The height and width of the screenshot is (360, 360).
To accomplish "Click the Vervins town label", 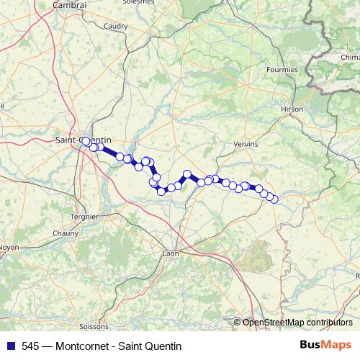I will [x=246, y=144].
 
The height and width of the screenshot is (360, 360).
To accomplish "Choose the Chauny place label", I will [x=65, y=233].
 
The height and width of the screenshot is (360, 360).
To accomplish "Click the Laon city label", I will [x=171, y=253].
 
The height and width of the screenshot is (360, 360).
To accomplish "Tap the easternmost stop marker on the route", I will [x=274, y=199].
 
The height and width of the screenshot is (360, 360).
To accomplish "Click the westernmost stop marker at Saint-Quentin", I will [x=85, y=141].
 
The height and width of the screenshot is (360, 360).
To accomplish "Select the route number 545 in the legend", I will [x=30, y=346].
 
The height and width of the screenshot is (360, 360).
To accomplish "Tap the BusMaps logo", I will [x=325, y=345].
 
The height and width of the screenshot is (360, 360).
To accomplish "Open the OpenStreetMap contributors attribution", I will [x=297, y=323].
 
